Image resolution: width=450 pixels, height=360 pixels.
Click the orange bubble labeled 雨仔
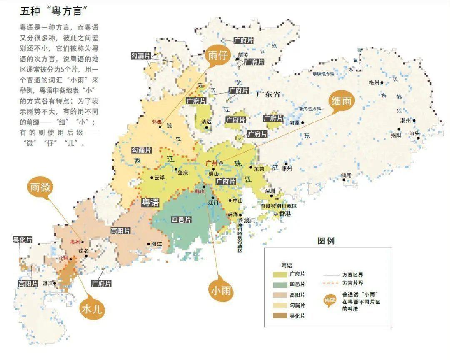pyautogui.click(x=217, y=56)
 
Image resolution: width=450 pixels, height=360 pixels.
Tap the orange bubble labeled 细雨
pyautogui.click(x=341, y=100)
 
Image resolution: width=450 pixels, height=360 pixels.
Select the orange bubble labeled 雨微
pyautogui.click(x=40, y=187)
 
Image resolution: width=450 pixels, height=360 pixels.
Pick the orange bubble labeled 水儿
pyautogui.click(x=91, y=310)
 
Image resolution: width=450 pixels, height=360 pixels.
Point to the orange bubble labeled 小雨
pyautogui.click(x=220, y=290)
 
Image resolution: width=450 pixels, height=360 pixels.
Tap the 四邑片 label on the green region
pyautogui.click(x=182, y=220)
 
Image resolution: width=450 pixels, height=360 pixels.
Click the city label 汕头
pyautogui.click(x=414, y=133)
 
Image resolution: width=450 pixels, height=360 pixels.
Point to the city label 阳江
pyautogui.click(x=157, y=244)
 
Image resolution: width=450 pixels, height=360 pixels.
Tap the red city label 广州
pyautogui.click(x=212, y=162)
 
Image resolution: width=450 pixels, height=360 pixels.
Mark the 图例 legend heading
pyautogui.click(x=325, y=241)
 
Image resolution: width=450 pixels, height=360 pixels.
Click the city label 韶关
pyautogui.click(x=243, y=55)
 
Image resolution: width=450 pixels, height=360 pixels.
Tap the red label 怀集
pyautogui.click(x=157, y=122)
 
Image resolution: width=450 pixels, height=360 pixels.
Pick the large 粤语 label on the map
pyautogui.click(x=150, y=203)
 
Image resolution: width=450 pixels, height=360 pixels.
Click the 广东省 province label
pyautogui.click(x=267, y=94)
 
